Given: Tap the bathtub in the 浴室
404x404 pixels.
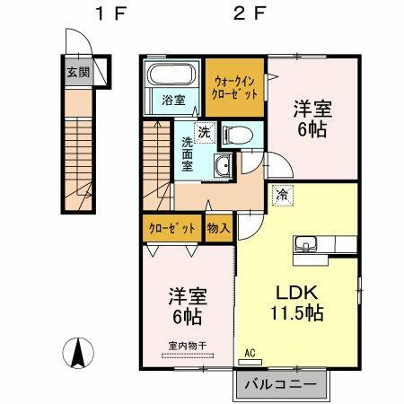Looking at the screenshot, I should pos(173,75).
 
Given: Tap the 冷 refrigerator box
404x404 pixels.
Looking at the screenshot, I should pos(283,193).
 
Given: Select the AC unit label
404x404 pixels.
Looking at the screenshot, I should pos(250,355).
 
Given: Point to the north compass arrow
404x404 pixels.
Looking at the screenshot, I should pos(78,353).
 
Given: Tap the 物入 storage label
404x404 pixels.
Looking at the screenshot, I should pos(218,228).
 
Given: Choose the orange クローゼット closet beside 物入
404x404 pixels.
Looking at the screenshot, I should pos(171,228).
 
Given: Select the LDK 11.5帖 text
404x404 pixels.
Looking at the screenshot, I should pos(293,303).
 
